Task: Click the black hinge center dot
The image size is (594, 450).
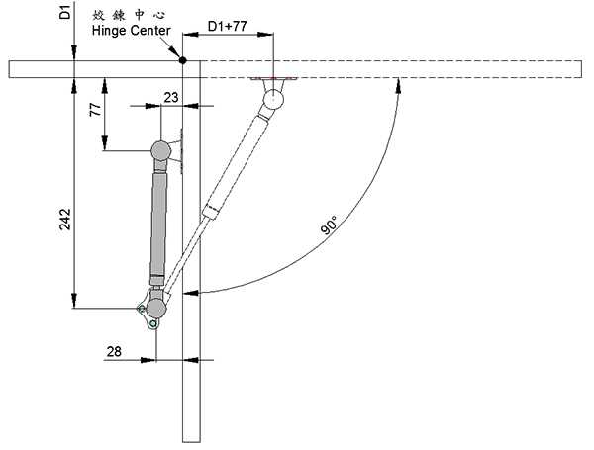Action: tap(182, 60)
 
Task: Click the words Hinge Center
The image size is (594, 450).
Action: tap(131, 31)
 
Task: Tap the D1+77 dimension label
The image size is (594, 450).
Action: tap(228, 26)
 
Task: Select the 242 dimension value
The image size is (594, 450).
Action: tap(65, 219)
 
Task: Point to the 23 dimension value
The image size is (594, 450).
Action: tap(171, 97)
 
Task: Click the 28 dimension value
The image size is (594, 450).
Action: tap(114, 352)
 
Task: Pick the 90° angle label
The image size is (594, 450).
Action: tap(329, 225)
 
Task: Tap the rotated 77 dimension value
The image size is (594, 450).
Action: tap(95, 110)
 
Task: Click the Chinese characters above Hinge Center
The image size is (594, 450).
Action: tap(129, 15)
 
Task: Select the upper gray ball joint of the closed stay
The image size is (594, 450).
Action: tap(161, 151)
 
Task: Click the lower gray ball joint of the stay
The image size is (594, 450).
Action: tap(155, 308)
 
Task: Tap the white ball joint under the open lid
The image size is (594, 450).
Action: tap(273, 99)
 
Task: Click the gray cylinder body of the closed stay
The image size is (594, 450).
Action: tap(158, 224)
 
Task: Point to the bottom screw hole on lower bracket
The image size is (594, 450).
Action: tap(153, 323)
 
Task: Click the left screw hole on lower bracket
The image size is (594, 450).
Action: tap(142, 309)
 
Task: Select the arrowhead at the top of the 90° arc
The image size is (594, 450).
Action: tap(398, 85)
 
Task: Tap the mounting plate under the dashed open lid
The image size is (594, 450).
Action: tap(273, 79)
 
